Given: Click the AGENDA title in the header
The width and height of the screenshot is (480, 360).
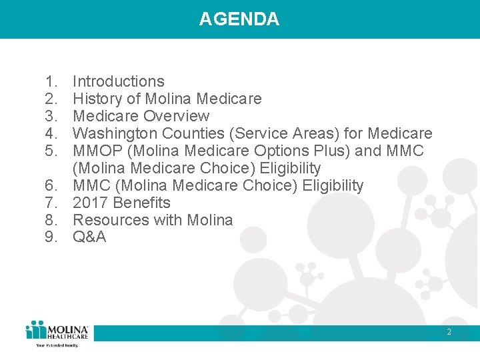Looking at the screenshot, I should pos(239,19).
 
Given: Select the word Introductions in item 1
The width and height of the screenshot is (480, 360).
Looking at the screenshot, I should pos(118,81).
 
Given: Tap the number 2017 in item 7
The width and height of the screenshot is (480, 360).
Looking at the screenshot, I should pos(90,203).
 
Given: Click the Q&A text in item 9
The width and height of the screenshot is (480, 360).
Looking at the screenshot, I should pos(89,237).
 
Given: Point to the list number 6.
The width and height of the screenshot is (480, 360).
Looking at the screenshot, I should pos(51,185).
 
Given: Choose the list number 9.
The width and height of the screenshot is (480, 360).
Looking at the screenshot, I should pos(51,237).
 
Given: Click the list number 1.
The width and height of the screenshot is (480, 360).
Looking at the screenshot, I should pos(51,81).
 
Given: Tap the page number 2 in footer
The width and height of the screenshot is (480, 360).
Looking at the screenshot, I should pos(449,332).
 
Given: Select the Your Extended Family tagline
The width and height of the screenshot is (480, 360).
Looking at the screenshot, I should pos(57,345).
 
